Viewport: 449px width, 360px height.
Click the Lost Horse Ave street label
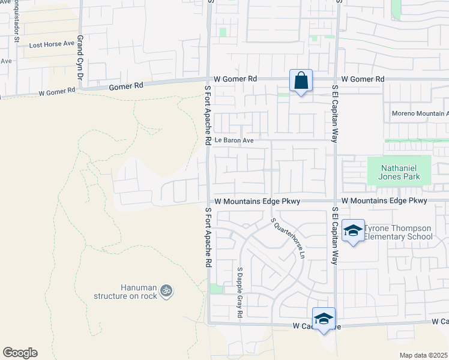[52, 44]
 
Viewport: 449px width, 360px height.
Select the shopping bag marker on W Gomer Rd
[301, 81]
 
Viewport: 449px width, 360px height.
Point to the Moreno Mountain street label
[420, 113]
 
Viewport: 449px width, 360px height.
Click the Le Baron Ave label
[234, 140]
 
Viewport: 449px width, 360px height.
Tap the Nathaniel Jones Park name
[399, 172]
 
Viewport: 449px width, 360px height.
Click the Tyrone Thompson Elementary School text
[399, 232]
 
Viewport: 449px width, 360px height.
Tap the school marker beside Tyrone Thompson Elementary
[353, 230]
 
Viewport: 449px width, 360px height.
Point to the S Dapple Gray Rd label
[239, 292]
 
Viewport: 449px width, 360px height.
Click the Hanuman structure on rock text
[125, 292]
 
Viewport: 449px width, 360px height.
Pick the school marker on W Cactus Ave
[324, 319]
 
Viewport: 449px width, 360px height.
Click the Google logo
[20, 353]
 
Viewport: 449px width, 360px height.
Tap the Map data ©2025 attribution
[423, 355]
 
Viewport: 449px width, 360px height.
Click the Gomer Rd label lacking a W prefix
[126, 86]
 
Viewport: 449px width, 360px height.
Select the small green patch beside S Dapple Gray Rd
[216, 289]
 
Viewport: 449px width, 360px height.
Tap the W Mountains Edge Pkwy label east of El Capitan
[384, 200]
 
